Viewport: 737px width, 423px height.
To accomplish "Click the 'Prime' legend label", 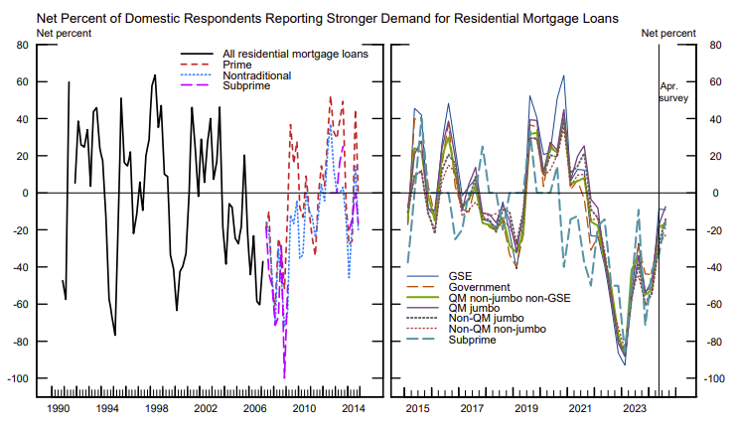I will pyautogui.click(x=239, y=65).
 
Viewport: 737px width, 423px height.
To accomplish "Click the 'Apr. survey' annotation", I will pyautogui.click(x=673, y=92).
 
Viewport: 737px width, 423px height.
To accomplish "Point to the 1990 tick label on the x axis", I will pyautogui.click(x=58, y=408).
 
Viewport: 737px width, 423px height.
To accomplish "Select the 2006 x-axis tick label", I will pyautogui.click(x=254, y=408).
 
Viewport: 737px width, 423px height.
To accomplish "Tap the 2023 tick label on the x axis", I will pyautogui.click(x=632, y=408).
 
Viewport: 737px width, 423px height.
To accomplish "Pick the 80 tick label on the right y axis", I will pyautogui.click(x=712, y=45).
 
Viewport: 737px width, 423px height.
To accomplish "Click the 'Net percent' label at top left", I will pyautogui.click(x=64, y=34).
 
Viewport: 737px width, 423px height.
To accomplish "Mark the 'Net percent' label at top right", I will pyautogui.click(x=667, y=34).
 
